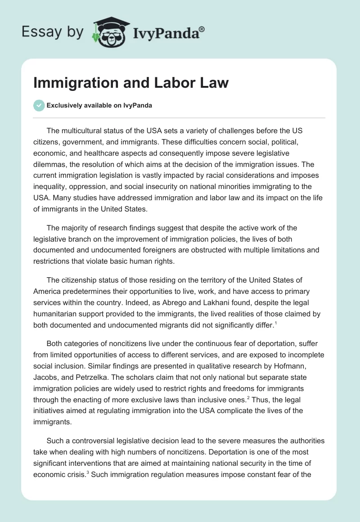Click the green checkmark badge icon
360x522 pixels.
click(39, 105)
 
